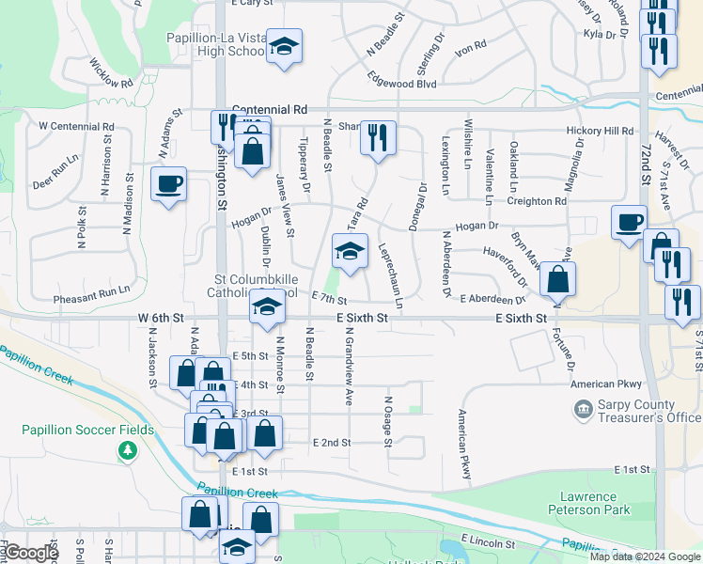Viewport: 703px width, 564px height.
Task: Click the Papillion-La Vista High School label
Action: pyautogui.click(x=216, y=44)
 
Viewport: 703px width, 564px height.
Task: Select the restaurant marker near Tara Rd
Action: pyautogui.click(x=377, y=137)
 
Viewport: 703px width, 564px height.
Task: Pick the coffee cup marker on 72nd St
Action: pyautogui.click(x=629, y=223)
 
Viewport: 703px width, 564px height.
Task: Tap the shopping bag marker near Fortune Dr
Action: pyautogui.click(x=557, y=278)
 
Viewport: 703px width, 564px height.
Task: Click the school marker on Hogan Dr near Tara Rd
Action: pyautogui.click(x=349, y=252)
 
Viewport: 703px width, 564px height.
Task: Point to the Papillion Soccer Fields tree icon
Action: pyautogui.click(x=127, y=451)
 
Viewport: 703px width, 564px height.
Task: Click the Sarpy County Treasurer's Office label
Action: pyautogui.click(x=635, y=411)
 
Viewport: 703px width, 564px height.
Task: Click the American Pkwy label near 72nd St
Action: pyautogui.click(x=607, y=384)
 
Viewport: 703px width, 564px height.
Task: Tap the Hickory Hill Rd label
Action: pyautogui.click(x=600, y=132)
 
